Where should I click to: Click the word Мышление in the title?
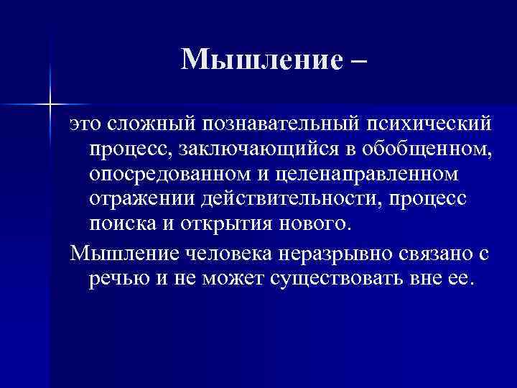tap(256, 60)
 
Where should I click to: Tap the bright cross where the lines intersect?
tap(51, 105)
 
